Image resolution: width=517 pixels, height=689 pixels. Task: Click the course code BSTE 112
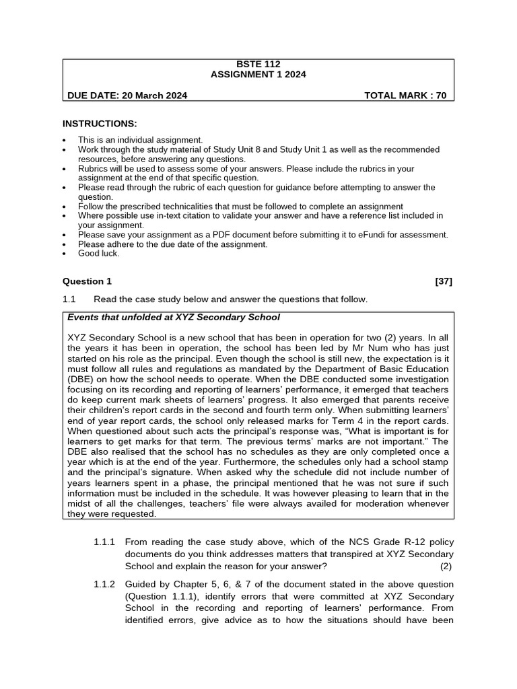(258, 65)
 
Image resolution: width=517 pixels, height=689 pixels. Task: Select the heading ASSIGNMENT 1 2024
(258, 75)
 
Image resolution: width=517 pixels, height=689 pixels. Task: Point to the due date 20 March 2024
(154, 96)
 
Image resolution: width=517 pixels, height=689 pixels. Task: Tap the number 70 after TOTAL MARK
(441, 96)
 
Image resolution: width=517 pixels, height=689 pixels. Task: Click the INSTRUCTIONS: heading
(100, 124)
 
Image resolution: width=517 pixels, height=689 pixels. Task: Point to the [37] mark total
(444, 281)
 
